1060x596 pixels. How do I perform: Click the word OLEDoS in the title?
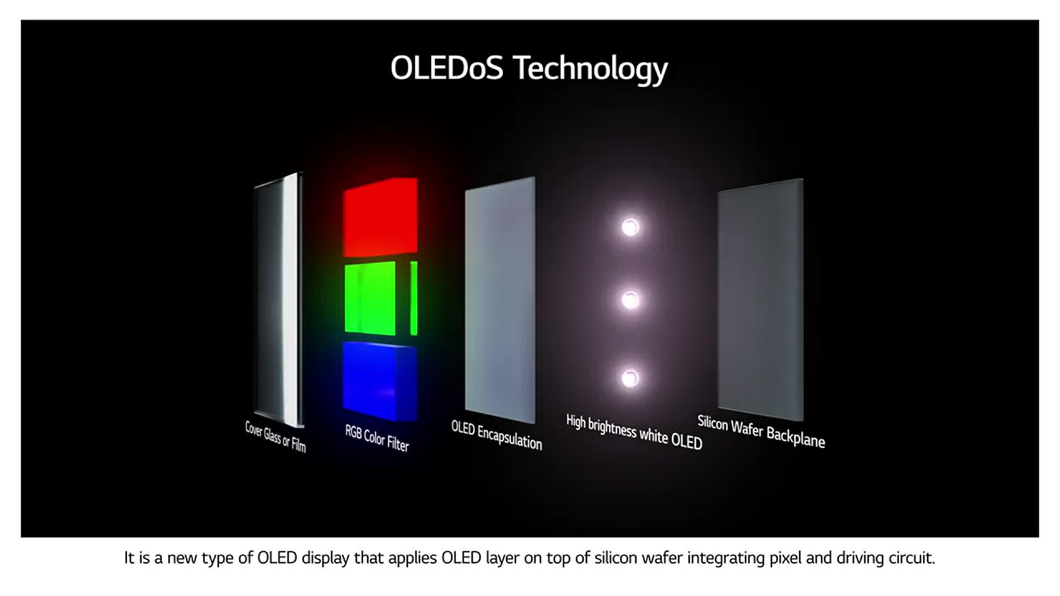(x=447, y=68)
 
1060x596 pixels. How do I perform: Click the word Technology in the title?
(x=590, y=70)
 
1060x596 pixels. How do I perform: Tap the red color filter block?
(x=380, y=217)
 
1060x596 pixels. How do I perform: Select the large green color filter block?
(x=370, y=298)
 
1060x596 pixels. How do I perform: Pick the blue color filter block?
(x=380, y=381)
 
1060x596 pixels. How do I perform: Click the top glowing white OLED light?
(x=630, y=227)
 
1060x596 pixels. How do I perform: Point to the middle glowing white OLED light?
(x=630, y=300)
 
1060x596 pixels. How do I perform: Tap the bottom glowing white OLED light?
(x=630, y=379)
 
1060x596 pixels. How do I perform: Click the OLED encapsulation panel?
(x=500, y=300)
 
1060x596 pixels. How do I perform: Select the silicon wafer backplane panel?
(x=761, y=300)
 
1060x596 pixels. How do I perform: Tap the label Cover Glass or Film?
(x=275, y=437)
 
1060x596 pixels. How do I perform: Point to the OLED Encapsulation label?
(x=496, y=435)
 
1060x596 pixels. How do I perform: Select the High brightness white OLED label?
(x=634, y=432)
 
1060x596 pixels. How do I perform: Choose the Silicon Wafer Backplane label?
(x=761, y=431)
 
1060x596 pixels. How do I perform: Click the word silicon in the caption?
(x=614, y=558)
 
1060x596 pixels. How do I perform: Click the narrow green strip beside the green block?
(x=414, y=298)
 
